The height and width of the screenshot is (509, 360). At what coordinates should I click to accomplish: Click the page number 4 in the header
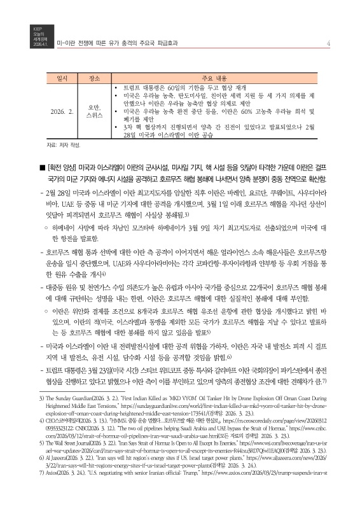click(x=326, y=44)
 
